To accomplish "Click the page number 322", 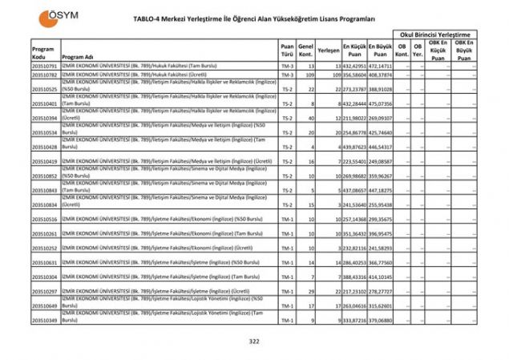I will [254, 342].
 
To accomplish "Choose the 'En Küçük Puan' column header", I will [354, 50].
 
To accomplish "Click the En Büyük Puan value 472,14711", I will [381, 66].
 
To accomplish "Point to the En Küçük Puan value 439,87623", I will [354, 148].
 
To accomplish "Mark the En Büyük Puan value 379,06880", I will [381, 321].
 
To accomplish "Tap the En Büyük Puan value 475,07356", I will [381, 104].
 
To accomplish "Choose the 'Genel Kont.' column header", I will [305, 50].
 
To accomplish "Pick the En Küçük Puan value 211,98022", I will [354, 118].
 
